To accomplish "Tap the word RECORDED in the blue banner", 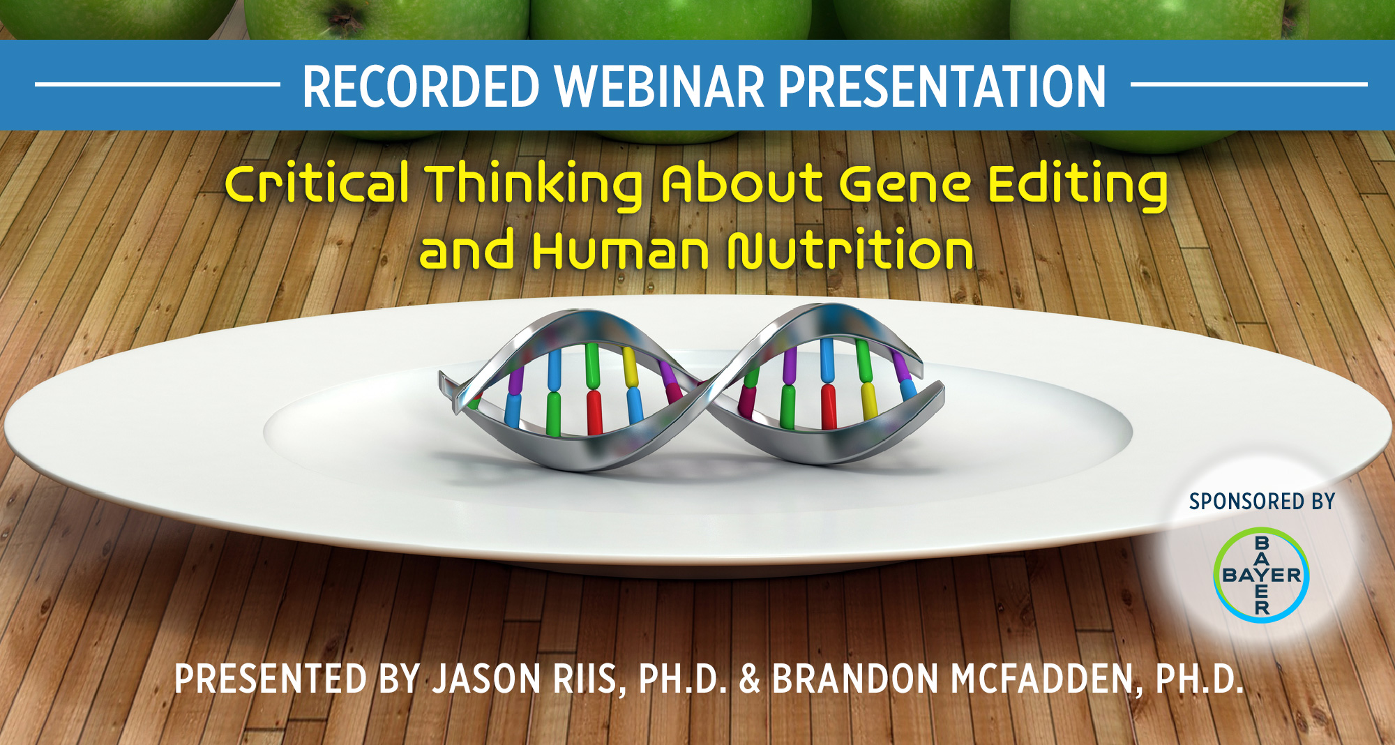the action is tap(421, 86).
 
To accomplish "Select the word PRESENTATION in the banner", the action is tap(942, 86).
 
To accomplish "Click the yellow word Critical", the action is tap(317, 183).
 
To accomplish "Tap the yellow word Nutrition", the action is tap(850, 250).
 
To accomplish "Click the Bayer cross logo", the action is tap(1261, 575).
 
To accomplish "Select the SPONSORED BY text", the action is tap(1262, 502).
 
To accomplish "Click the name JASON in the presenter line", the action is tap(487, 679).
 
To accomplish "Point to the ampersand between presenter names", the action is tap(749, 679).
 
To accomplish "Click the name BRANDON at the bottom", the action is tap(855, 679).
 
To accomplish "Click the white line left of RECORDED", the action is tap(158, 85).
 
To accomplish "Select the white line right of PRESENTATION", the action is tap(1249, 85).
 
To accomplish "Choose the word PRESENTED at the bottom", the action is tap(271, 679).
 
